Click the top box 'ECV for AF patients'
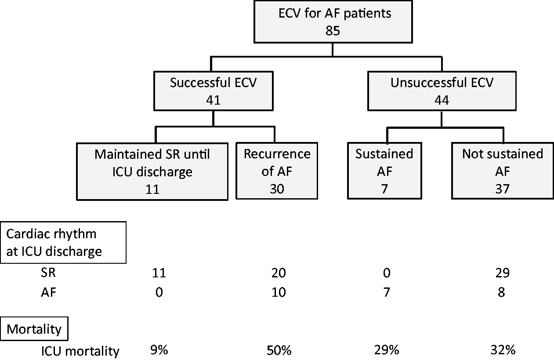[x=333, y=22]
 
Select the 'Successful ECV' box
[x=214, y=91]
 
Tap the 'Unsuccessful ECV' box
[x=442, y=91]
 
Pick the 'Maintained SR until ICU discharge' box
[x=152, y=171]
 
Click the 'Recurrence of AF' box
[x=277, y=171]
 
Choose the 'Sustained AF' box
[x=384, y=171]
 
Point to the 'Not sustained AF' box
[x=503, y=171]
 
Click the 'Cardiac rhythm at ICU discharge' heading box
[x=63, y=243]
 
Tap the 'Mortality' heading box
[x=34, y=329]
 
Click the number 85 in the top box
[x=333, y=31]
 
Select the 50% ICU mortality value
[x=279, y=350]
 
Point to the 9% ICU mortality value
[x=159, y=350]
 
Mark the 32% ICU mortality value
[x=503, y=350]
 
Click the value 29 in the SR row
[x=503, y=273]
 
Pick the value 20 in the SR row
[x=279, y=273]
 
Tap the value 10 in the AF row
[x=279, y=292]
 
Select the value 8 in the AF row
[x=501, y=292]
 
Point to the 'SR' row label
[x=48, y=273]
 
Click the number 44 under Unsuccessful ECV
[x=442, y=100]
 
